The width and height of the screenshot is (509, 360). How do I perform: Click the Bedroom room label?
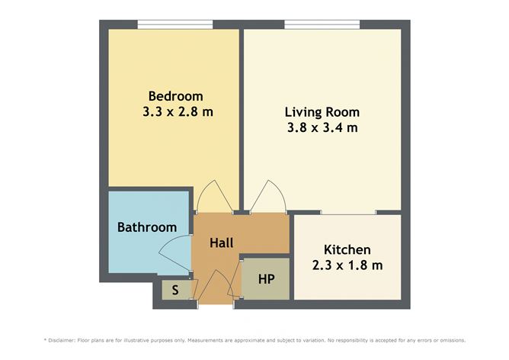176,96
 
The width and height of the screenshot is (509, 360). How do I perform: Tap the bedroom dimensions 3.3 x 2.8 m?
177,111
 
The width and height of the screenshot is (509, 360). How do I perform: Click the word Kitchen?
347,249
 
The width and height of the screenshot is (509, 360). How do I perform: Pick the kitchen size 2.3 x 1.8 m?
347,265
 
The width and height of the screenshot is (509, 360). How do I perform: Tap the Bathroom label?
146,227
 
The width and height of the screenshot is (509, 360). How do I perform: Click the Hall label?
222,243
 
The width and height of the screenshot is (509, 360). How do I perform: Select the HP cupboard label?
266,279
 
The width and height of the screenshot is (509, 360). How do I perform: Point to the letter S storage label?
175,291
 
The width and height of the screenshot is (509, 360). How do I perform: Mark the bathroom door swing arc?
174,252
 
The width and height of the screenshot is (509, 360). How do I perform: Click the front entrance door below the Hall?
216,290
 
